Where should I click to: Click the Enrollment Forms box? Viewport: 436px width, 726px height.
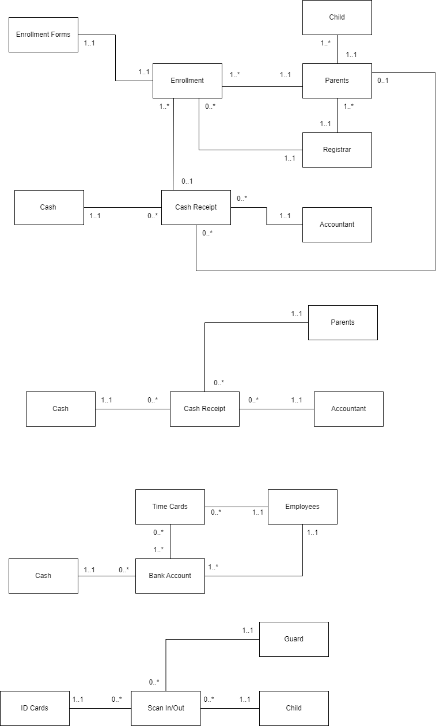click(x=43, y=35)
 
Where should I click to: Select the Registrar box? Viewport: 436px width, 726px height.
click(x=337, y=150)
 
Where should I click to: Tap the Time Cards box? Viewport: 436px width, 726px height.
click(x=170, y=507)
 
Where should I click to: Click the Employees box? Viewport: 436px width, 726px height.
click(x=302, y=507)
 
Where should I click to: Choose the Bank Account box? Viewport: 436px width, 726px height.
click(x=170, y=576)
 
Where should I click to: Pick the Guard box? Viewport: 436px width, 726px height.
click(x=294, y=639)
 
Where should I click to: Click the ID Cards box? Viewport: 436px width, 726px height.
click(x=35, y=708)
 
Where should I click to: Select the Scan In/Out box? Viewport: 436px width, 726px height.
click(x=166, y=708)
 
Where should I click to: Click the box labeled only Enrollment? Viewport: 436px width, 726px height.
click(x=187, y=81)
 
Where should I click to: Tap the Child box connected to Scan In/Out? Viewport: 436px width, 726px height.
click(x=294, y=708)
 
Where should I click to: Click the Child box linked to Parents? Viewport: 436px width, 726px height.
click(x=337, y=17)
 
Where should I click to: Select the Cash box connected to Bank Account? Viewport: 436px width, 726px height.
click(x=43, y=576)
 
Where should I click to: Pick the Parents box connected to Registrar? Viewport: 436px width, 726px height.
click(x=337, y=81)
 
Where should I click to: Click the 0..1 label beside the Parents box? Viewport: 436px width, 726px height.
click(x=382, y=81)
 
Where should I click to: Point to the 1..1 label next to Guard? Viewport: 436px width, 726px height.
click(x=248, y=630)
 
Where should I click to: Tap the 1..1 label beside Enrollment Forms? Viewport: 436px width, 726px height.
click(x=89, y=43)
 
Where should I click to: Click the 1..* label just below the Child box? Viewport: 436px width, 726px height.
click(x=325, y=43)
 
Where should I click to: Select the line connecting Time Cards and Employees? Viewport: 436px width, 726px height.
click(x=236, y=507)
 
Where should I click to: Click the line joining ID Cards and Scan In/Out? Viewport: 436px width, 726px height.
click(x=100, y=708)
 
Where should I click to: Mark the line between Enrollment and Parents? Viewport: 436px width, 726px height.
click(x=262, y=87)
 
